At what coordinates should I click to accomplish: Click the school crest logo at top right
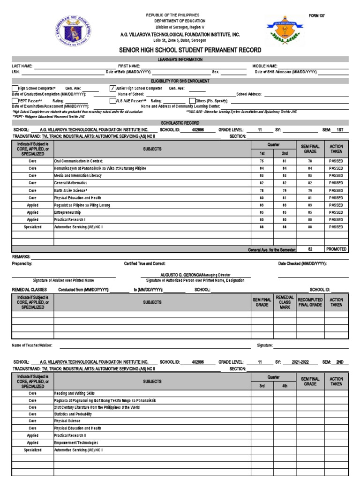pos(284,30)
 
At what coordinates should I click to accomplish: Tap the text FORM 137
pos(316,16)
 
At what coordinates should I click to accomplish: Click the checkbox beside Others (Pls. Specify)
pos(192,101)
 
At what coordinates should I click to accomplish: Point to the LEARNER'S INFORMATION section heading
pos(180,60)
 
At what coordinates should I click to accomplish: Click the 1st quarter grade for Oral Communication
pos(262,161)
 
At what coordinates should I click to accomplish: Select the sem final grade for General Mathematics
pos(310,183)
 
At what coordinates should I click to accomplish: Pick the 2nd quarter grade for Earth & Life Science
pos(285,190)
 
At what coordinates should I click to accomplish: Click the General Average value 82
pos(310,249)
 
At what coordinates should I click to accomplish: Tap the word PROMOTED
pos(336,249)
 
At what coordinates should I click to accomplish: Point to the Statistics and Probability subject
pos(76,414)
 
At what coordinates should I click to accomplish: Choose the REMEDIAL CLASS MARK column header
pos(285,302)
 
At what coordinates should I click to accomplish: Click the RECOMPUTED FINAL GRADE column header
pos(310,302)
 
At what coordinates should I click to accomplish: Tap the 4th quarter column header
pos(285,386)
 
